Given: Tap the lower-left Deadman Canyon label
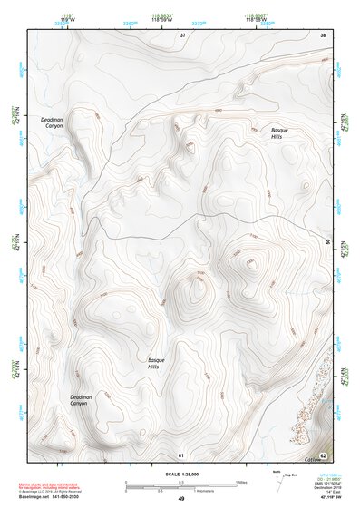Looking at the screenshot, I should pos(82,400).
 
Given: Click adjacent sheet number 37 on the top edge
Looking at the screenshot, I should pos(182,34).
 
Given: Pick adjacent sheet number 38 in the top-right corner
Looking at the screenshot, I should pos(323,34).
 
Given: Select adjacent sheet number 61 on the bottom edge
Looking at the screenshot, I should pos(181,454).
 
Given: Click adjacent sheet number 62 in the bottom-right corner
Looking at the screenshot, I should pos(323,455).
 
